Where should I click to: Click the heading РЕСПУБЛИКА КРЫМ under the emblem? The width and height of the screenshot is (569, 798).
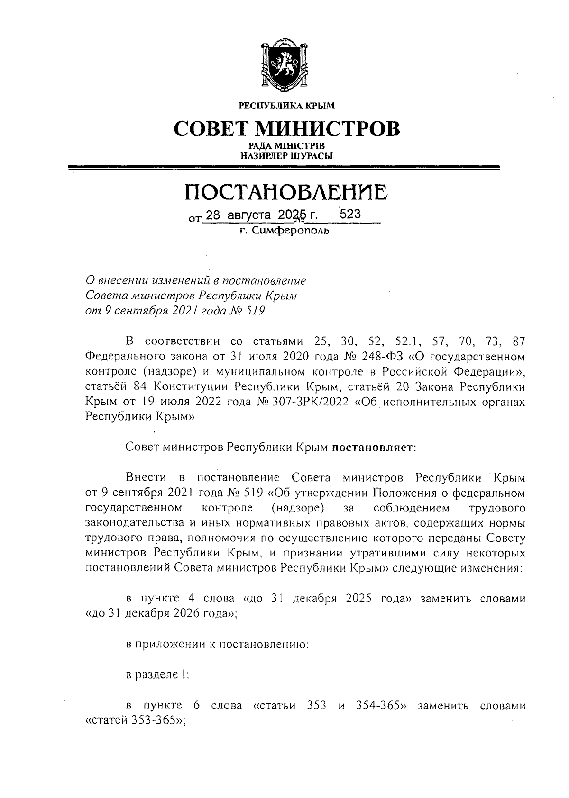coord(286,106)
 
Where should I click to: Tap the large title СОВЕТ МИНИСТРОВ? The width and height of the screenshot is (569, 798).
coord(286,128)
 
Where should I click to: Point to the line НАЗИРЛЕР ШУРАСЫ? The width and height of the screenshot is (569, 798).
coord(286,155)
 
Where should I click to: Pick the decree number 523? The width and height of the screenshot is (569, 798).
coord(350,214)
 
